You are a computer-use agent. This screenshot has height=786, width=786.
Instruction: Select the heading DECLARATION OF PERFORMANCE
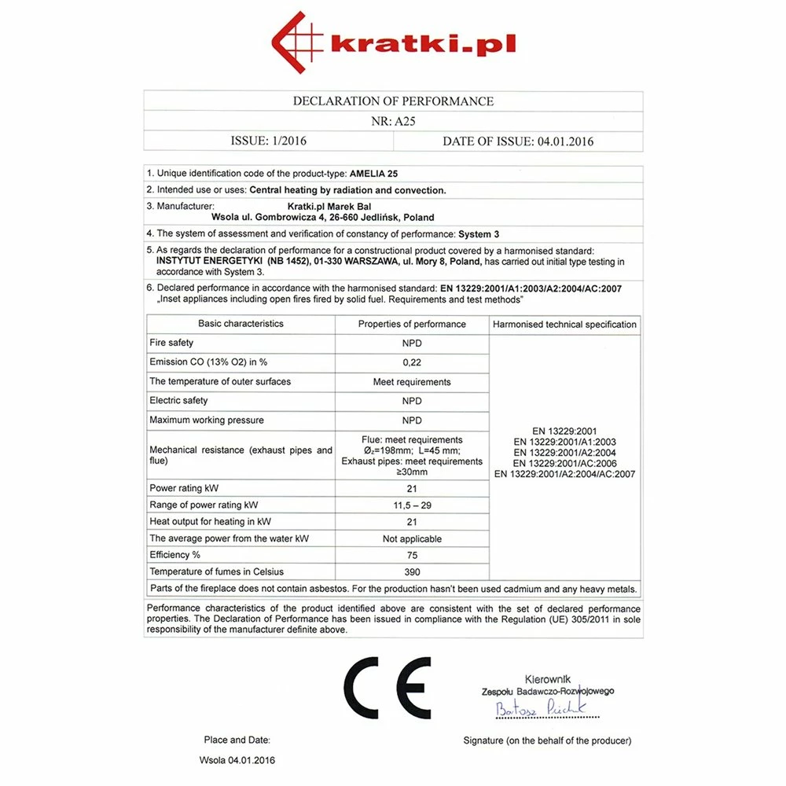tap(393, 101)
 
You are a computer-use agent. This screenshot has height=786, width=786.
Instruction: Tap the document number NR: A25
tap(393, 122)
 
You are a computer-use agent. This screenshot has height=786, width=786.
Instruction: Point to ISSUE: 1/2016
tap(268, 141)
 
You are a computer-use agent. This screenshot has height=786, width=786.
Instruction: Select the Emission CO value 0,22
tap(412, 362)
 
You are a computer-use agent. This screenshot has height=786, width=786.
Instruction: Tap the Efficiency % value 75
tap(412, 555)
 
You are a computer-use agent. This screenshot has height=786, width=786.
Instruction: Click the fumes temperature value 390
tap(412, 572)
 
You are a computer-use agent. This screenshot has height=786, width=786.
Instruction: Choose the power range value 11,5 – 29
tap(412, 505)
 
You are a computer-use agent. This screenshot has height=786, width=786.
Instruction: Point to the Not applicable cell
tap(412, 539)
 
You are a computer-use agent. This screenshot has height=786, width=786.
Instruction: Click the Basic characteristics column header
tap(241, 324)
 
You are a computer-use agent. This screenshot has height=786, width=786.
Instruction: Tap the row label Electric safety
tap(178, 401)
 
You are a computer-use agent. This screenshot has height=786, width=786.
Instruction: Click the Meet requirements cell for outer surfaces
tap(412, 382)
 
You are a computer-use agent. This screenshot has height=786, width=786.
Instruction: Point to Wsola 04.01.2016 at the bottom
tap(237, 761)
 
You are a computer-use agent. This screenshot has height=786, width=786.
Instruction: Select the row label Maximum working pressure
tap(207, 421)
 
